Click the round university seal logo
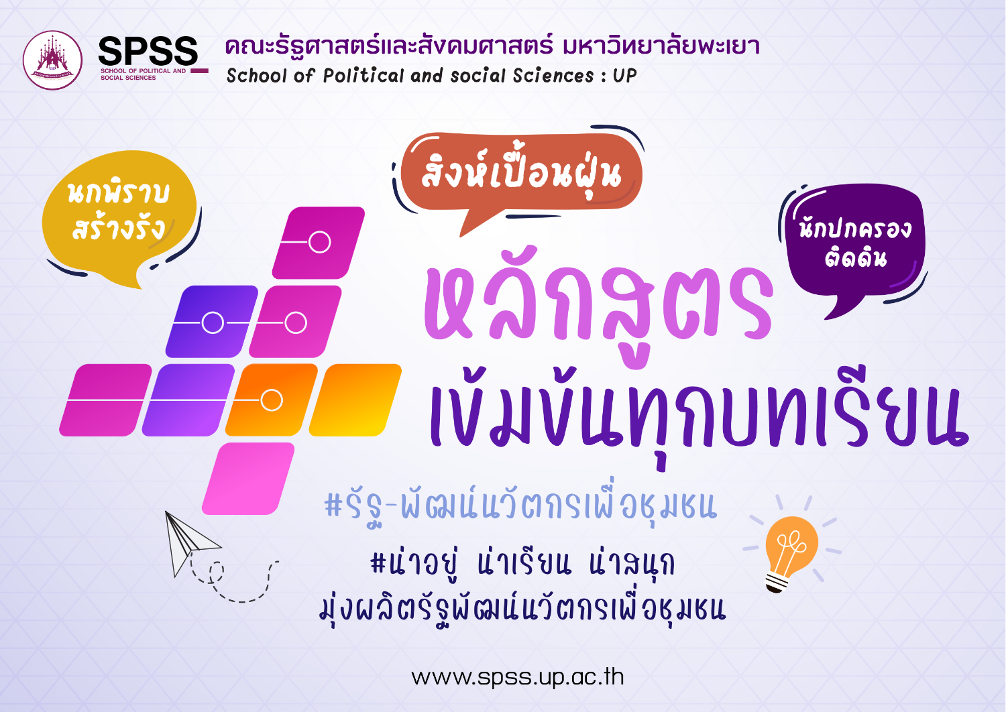pos(52,60)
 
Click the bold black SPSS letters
pos(148,51)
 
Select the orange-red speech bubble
pos(521,180)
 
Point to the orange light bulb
pos(791,553)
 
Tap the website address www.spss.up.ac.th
pos(518,677)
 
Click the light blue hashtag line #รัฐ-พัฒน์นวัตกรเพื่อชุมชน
pos(520,508)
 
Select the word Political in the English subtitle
pos(364,75)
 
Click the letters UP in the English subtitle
pos(624,75)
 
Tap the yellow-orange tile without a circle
pos(355,400)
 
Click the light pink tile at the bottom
pos(248,479)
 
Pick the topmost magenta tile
pos(319,243)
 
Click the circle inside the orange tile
pos(272,400)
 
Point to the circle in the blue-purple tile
pos(213,322)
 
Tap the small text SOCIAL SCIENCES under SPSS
pos(128,78)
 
